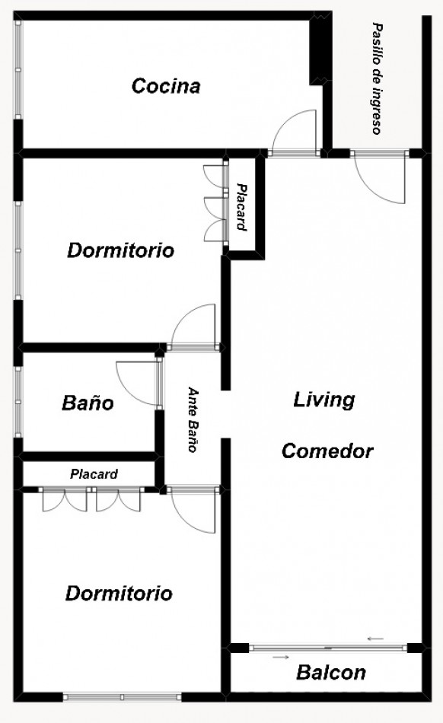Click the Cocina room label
pos(166,86)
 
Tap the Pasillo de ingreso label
pos(378,78)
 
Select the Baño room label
pos(88,403)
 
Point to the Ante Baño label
pos(193,419)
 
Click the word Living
pos(324,400)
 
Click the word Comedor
pos(327,451)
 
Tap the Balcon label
pos(331,673)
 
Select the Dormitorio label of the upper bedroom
pos(121,250)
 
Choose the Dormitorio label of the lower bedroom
pos(119,594)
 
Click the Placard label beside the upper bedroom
pos(242,206)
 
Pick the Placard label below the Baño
pos(94,474)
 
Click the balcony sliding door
pos(328,648)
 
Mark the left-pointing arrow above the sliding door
pos(376,639)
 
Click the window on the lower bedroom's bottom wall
pos(122,697)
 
